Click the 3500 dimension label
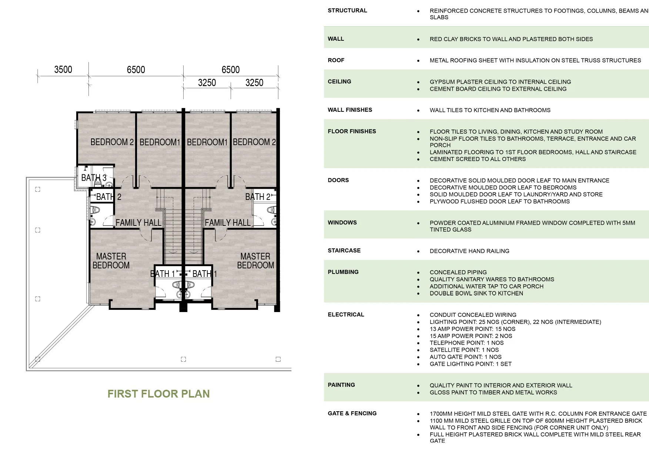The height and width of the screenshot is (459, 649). pyautogui.click(x=63, y=70)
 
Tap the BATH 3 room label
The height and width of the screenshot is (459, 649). pyautogui.click(x=94, y=178)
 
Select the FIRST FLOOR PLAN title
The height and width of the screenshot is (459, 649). pyautogui.click(x=158, y=393)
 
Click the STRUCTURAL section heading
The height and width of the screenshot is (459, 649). pyautogui.click(x=347, y=10)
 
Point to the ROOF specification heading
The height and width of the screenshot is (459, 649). pyautogui.click(x=336, y=60)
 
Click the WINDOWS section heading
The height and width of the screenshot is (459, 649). pyautogui.click(x=342, y=222)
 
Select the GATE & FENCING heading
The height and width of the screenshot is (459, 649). pyautogui.click(x=352, y=413)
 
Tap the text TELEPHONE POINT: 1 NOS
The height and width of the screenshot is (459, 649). pyautogui.click(x=466, y=343)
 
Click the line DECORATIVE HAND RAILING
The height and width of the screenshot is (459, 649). pyautogui.click(x=469, y=251)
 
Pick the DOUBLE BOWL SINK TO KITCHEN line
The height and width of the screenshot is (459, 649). pyautogui.click(x=476, y=293)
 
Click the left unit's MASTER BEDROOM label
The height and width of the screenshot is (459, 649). pyautogui.click(x=111, y=261)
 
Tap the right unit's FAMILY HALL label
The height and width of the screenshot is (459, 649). pyautogui.click(x=227, y=222)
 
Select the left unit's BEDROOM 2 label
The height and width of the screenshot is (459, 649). pyautogui.click(x=112, y=142)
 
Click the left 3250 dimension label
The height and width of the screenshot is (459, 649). pyautogui.click(x=207, y=83)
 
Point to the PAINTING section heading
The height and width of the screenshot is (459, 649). pyautogui.click(x=341, y=385)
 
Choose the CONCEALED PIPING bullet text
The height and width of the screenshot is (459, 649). pyautogui.click(x=458, y=272)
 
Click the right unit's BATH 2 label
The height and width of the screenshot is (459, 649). pyautogui.click(x=258, y=197)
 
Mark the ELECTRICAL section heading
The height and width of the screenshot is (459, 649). pyautogui.click(x=346, y=314)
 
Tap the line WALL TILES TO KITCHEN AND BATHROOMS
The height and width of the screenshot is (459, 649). pyautogui.click(x=490, y=110)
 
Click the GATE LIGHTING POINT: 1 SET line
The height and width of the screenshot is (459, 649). pyautogui.click(x=470, y=364)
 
